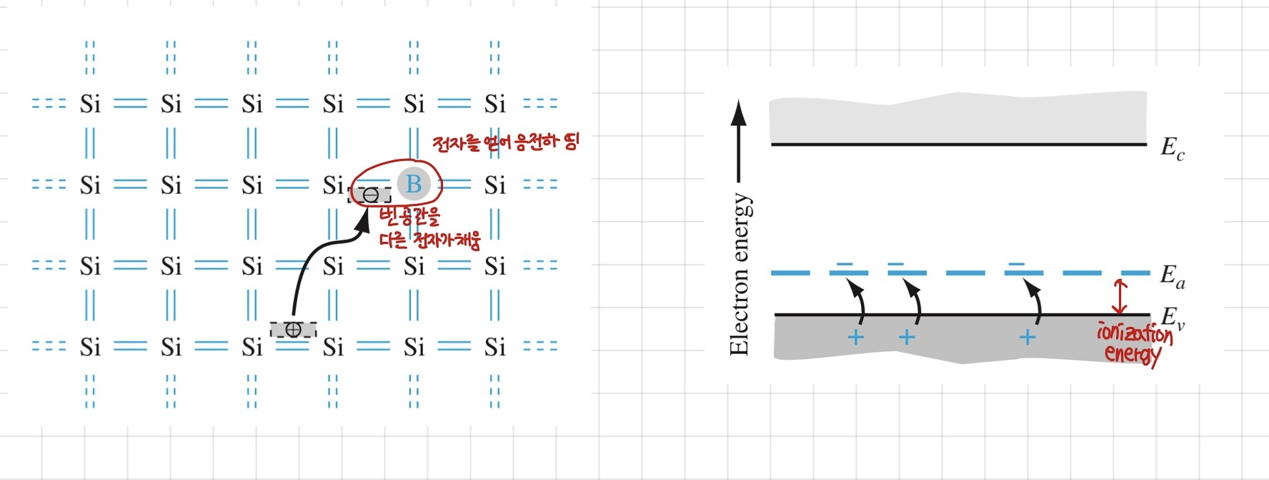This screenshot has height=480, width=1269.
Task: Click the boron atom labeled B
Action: point(414,184)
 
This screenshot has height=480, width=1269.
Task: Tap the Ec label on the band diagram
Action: point(1173,148)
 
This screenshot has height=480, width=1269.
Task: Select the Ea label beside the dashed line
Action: point(1173,275)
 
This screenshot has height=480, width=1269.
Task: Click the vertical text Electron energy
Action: point(740,275)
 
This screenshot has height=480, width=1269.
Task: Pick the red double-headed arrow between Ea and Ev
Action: point(1120,297)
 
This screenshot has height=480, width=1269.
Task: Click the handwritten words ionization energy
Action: point(1133,343)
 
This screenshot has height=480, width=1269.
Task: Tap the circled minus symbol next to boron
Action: point(370,195)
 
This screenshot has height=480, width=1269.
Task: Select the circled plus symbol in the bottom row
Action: point(293,330)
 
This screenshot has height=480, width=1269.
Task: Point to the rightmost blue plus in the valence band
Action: point(1027,337)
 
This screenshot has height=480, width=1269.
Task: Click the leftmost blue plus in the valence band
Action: point(855,337)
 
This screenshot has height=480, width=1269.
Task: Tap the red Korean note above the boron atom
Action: point(505,142)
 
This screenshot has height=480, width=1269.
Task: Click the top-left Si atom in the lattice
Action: point(90,104)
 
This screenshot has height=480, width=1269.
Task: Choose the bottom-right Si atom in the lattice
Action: point(494,348)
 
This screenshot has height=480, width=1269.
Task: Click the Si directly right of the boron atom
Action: point(494,186)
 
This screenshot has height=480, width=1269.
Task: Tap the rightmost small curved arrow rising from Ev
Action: point(1035,300)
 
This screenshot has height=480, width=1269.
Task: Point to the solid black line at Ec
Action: point(957,145)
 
